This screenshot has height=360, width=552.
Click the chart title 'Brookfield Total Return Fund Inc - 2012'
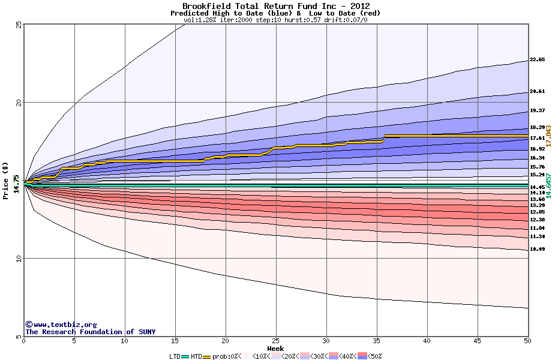276,6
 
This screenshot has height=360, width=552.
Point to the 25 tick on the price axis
19,25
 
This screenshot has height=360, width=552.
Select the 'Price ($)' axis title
5,180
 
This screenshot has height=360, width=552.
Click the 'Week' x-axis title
275,348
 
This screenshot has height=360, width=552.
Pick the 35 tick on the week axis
377,341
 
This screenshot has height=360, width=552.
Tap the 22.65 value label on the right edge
537,60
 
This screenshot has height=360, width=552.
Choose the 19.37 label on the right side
537,111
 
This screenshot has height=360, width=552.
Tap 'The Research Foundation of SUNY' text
90,332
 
